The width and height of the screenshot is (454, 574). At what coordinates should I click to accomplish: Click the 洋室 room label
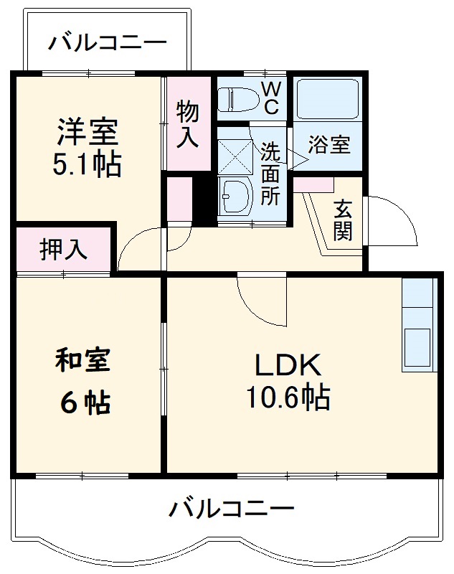point(88,133)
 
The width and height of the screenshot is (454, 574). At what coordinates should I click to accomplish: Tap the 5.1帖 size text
point(86,165)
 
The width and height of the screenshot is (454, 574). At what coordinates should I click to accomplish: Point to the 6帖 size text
point(85,404)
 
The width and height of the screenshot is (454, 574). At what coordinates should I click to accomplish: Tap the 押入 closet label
point(63,249)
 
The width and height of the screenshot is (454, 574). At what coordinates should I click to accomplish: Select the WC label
point(270,97)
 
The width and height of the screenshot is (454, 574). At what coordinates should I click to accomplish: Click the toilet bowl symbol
point(236,99)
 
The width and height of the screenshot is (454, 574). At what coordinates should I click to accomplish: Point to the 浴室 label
point(329,144)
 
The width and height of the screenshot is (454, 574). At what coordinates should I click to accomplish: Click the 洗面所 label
point(270,174)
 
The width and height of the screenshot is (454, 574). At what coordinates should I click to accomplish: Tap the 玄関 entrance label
point(343,220)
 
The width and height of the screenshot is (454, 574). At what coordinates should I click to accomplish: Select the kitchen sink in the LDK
point(418,347)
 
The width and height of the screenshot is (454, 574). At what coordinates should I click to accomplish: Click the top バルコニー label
point(108,44)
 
